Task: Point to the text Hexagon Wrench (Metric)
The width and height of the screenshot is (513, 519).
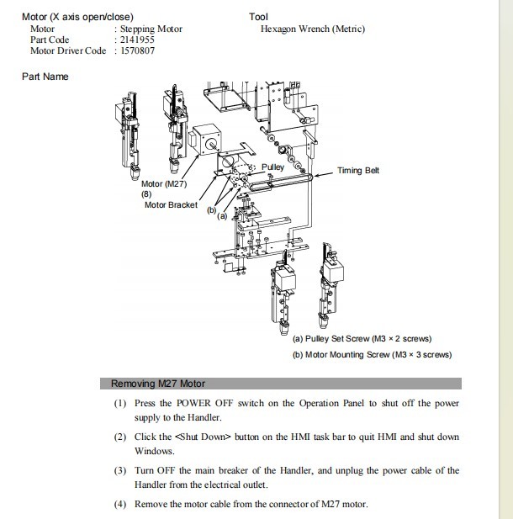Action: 313,29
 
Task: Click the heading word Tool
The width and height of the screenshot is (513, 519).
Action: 258,17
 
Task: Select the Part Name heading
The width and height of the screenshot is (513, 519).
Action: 45,77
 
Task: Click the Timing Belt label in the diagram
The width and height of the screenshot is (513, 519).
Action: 358,171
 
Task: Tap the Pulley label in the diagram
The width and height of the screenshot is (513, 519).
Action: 273,167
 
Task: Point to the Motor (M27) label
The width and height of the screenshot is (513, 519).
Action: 164,184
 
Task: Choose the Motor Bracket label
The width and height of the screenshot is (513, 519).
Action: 171,204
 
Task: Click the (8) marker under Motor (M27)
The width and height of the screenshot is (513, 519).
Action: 146,194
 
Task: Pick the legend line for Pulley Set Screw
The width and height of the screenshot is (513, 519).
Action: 362,339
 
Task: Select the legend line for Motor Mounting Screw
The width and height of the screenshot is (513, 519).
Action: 372,354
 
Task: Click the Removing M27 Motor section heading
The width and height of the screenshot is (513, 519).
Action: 158,384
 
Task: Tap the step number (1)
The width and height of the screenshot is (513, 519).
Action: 120,404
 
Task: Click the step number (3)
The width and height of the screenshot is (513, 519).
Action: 120,470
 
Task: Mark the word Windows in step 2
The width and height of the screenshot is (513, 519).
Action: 154,452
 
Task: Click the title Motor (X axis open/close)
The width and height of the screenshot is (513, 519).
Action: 77,17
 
